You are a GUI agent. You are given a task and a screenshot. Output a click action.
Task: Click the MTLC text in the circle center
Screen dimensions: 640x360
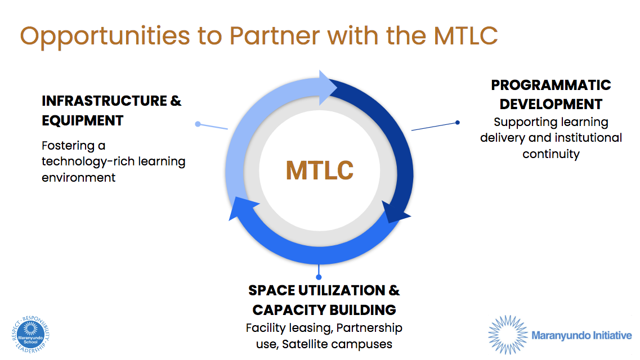[x=320, y=170]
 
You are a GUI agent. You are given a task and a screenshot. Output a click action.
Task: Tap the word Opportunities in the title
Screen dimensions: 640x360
[x=105, y=35]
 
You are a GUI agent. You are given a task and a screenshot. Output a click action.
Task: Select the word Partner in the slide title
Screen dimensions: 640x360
[x=275, y=35]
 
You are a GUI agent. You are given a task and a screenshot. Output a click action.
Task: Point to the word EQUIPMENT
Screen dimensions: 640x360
[x=82, y=120]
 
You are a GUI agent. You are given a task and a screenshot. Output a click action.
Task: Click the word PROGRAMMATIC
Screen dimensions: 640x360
[x=551, y=85]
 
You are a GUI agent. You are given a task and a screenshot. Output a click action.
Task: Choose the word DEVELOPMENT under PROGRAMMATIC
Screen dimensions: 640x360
[x=551, y=104]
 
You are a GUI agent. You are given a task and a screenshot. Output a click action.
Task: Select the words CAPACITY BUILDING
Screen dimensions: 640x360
[x=324, y=310]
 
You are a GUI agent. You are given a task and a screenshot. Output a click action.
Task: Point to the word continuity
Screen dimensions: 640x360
[x=551, y=154]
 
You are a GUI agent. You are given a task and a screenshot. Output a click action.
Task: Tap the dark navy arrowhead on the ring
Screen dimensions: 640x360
[x=396, y=214]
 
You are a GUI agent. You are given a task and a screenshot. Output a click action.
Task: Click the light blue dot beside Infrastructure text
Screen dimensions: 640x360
[x=198, y=124]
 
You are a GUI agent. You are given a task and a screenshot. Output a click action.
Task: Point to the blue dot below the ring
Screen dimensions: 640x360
[x=319, y=276]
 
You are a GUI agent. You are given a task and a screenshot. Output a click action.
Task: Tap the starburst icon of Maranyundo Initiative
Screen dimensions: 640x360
[x=507, y=335]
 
